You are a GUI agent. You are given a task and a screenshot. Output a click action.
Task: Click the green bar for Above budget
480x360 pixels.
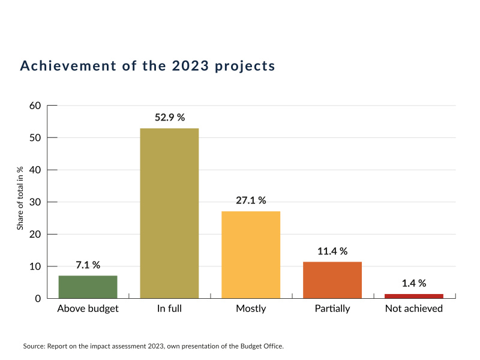click(x=88, y=287)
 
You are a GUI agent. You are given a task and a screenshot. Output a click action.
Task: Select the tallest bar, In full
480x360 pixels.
click(x=169, y=213)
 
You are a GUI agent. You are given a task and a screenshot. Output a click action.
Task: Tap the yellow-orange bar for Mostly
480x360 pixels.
click(x=251, y=254)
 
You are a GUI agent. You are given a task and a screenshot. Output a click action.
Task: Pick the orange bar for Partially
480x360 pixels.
click(x=332, y=280)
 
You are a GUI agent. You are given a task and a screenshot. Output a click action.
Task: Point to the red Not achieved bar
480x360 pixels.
click(x=414, y=296)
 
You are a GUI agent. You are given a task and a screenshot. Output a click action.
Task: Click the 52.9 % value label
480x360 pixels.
click(x=169, y=118)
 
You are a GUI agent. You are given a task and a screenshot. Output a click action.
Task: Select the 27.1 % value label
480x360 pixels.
click(x=251, y=200)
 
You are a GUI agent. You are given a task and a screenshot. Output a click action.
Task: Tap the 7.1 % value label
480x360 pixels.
click(x=88, y=265)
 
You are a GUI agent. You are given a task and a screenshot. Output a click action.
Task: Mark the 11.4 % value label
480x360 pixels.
click(x=332, y=251)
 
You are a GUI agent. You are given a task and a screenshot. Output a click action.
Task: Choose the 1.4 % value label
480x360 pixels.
click(x=414, y=283)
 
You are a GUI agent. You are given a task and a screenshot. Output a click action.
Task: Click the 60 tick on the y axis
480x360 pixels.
click(x=35, y=106)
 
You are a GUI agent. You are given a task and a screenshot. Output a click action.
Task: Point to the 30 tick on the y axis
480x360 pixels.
click(x=35, y=202)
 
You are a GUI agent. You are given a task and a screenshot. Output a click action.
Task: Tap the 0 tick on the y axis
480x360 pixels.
click(x=37, y=298)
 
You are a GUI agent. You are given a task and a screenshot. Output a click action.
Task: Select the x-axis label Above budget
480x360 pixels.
click(x=88, y=309)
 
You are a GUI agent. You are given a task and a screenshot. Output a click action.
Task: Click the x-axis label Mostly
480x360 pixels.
click(x=251, y=309)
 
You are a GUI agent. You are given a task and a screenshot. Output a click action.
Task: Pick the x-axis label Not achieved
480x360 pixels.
click(x=414, y=309)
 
